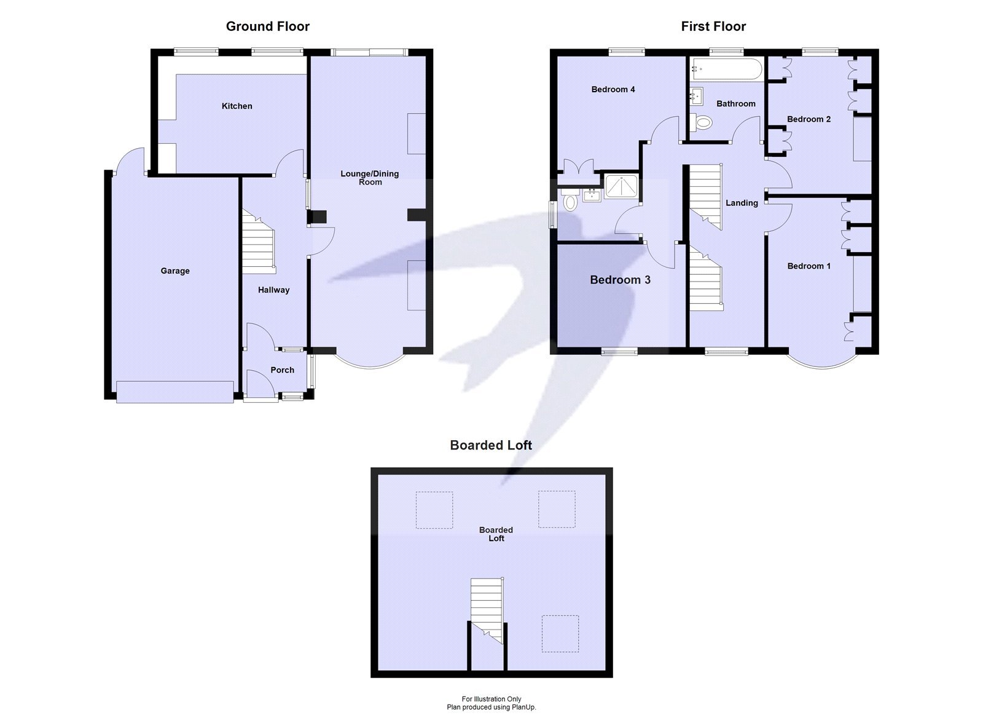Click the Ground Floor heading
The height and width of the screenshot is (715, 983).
coord(267,26)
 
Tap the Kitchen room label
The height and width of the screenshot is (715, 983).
coord(237,106)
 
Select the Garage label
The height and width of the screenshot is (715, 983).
coord(175,271)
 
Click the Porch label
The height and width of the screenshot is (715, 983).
coord(282,369)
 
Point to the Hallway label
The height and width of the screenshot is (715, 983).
coord(273,290)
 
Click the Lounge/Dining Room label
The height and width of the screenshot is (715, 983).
coord(370,178)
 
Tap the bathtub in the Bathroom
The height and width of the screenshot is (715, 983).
coord(726,70)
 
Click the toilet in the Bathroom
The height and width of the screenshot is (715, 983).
coord(701,123)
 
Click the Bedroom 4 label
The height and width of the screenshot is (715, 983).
coord(613,89)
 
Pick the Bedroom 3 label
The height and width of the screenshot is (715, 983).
coord(619,280)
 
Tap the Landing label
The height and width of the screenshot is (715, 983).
coord(741,203)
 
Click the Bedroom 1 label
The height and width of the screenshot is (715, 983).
coord(809,266)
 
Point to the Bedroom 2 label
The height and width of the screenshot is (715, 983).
coord(809,119)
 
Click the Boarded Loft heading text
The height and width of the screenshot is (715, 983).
coord(490,445)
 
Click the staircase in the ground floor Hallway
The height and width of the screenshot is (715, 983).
coord(257,243)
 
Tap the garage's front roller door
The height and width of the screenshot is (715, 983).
coord(175,391)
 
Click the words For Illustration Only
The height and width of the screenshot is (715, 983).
coord(491,699)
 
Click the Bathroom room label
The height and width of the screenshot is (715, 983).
coord(735,103)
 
